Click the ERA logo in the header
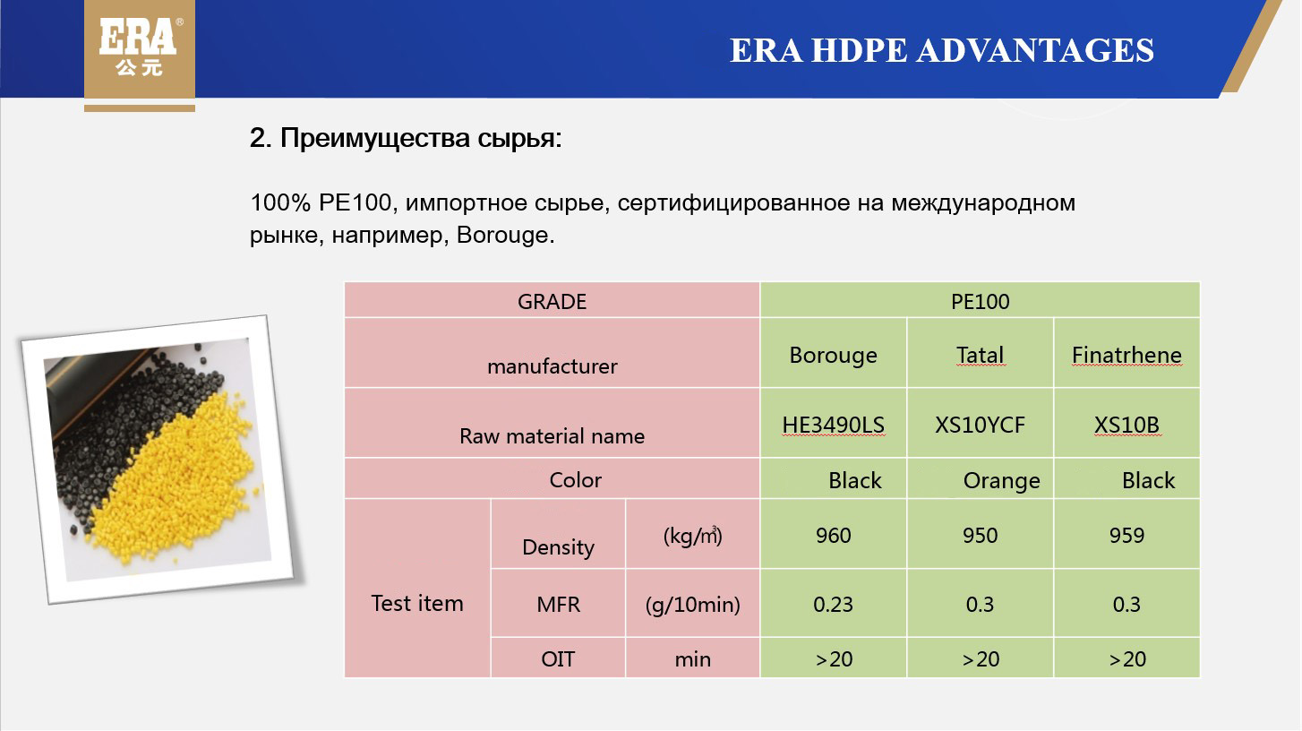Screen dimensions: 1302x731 click(140, 48)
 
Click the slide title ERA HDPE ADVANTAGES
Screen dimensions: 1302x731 click(942, 50)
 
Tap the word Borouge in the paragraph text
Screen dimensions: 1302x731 click(503, 235)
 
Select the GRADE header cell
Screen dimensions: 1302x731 click(552, 301)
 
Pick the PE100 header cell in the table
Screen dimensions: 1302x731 click(980, 301)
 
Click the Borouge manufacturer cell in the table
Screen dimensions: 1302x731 click(833, 354)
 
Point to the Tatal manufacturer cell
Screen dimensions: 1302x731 click(980, 354)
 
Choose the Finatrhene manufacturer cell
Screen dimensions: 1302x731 click(1126, 354)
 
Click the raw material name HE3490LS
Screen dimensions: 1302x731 click(833, 425)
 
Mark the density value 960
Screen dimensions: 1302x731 click(833, 535)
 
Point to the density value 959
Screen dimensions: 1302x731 click(1126, 535)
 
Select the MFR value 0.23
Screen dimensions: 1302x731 click(833, 604)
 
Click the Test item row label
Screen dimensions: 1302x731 click(417, 603)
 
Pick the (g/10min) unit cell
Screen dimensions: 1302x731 click(692, 604)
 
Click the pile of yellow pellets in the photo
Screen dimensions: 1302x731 click(175, 477)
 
